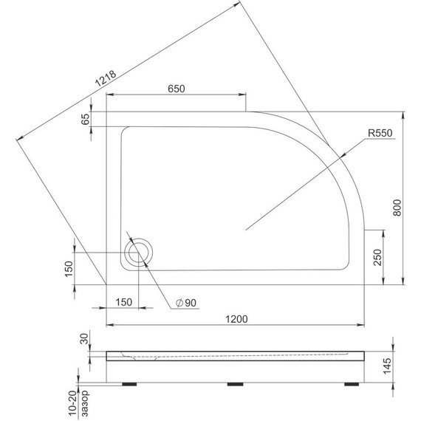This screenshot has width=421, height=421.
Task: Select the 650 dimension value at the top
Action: pyautogui.click(x=176, y=89)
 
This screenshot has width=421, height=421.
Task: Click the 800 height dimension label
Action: pyautogui.click(x=397, y=209)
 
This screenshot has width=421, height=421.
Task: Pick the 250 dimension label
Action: pyautogui.click(x=377, y=257)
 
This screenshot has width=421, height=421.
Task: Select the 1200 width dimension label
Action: pyautogui.click(x=236, y=318)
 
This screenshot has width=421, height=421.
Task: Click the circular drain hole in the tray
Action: pyautogui.click(x=137, y=253)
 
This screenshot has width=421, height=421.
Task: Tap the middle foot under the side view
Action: pyautogui.click(x=236, y=384)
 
